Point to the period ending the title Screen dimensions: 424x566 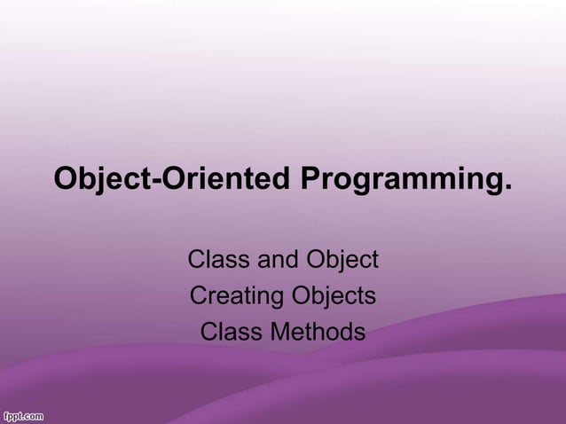coord(507,188)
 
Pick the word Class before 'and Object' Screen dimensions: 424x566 coord(218,260)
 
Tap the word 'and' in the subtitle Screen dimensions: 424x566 coord(277,260)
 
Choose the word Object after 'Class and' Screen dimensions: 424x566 coord(342,260)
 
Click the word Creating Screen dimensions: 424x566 coord(234,296)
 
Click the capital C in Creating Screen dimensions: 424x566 coord(199,295)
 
